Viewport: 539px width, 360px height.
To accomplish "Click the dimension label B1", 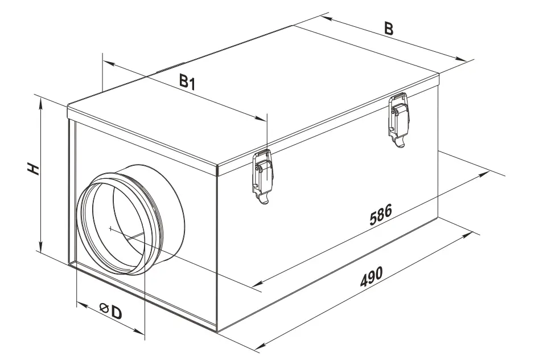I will coord(187,82).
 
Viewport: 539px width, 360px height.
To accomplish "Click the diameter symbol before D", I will coord(103,308).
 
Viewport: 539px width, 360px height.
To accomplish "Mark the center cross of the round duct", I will coord(109,228).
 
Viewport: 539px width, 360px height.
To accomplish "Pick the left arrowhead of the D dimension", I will coord(80,302).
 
